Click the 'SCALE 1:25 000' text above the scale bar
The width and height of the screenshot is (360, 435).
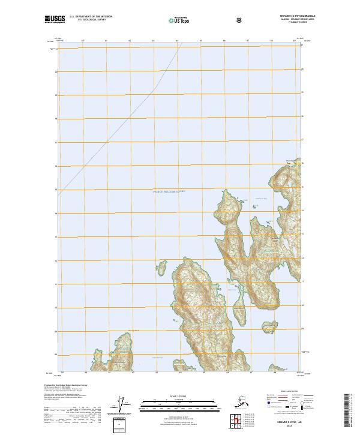[179, 396]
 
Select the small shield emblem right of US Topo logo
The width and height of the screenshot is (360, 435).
[206, 20]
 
